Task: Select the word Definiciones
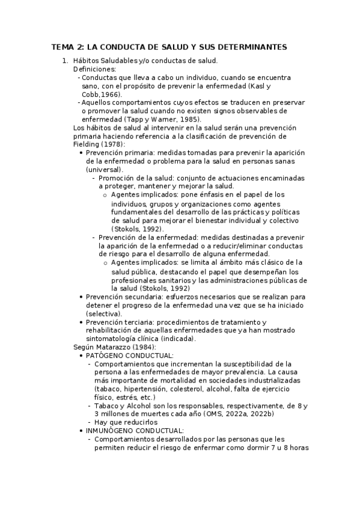click(94, 69)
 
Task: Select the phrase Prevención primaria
click(117, 153)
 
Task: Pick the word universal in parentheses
click(105, 170)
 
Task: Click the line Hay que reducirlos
click(121, 423)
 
